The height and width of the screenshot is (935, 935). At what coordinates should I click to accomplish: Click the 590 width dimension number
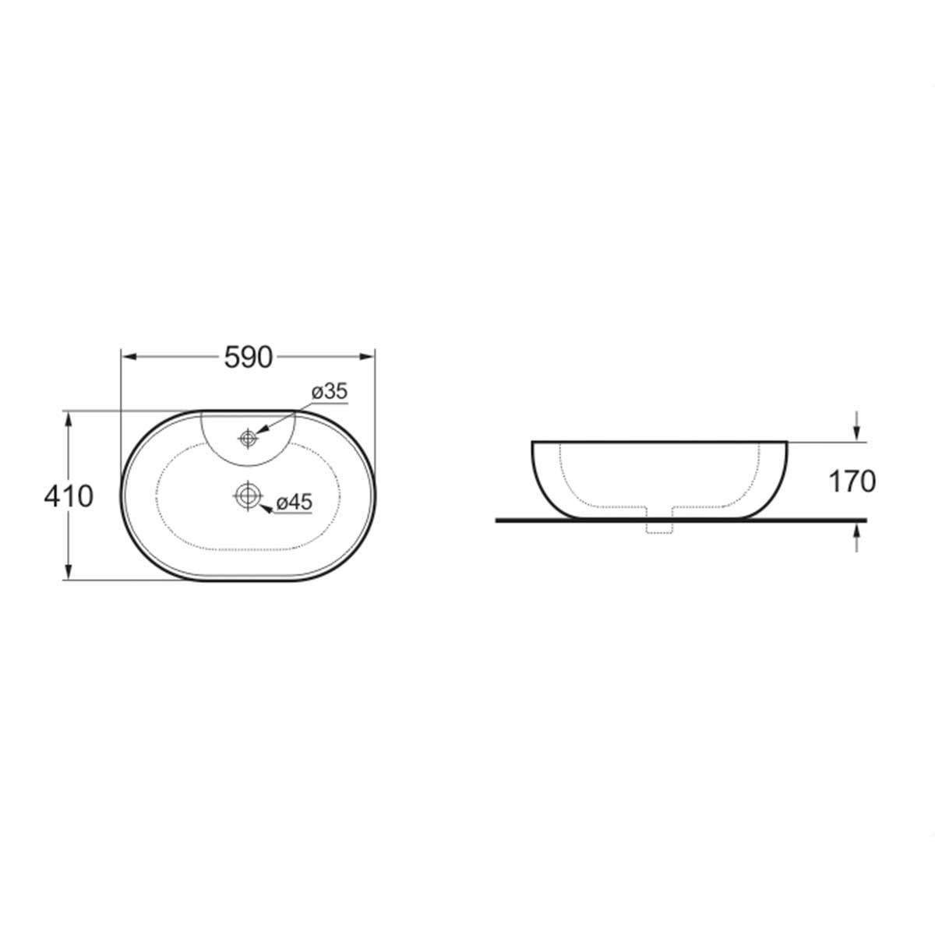249,358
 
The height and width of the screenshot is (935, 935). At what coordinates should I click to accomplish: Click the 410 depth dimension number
69,497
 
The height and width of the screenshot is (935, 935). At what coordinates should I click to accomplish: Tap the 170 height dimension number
852,482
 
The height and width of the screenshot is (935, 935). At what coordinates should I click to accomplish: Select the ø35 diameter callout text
330,392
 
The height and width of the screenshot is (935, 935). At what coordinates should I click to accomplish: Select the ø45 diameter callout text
294,503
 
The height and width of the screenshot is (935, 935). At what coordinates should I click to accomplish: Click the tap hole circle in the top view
248,438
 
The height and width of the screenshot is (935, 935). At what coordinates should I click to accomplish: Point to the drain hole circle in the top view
248,496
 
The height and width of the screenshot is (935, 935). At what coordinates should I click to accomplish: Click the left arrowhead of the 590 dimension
129,357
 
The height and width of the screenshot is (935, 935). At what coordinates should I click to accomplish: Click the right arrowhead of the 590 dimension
367,357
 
